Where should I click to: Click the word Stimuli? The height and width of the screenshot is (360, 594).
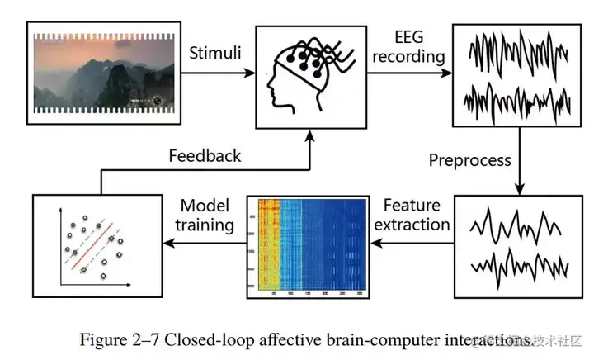pyautogui.click(x=215, y=54)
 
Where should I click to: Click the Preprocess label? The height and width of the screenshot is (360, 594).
pyautogui.click(x=469, y=159)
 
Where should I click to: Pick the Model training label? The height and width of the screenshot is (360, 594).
pyautogui.click(x=206, y=214)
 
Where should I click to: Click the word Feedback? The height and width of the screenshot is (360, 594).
pyautogui.click(x=205, y=155)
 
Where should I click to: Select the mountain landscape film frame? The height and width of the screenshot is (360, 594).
pyautogui.click(x=103, y=73)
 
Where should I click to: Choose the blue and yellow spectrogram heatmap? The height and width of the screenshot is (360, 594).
pyautogui.click(x=308, y=244)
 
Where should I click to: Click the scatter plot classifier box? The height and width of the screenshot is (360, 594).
pyautogui.click(x=97, y=244)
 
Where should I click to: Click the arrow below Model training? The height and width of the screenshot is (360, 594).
pyautogui.click(x=206, y=243)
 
